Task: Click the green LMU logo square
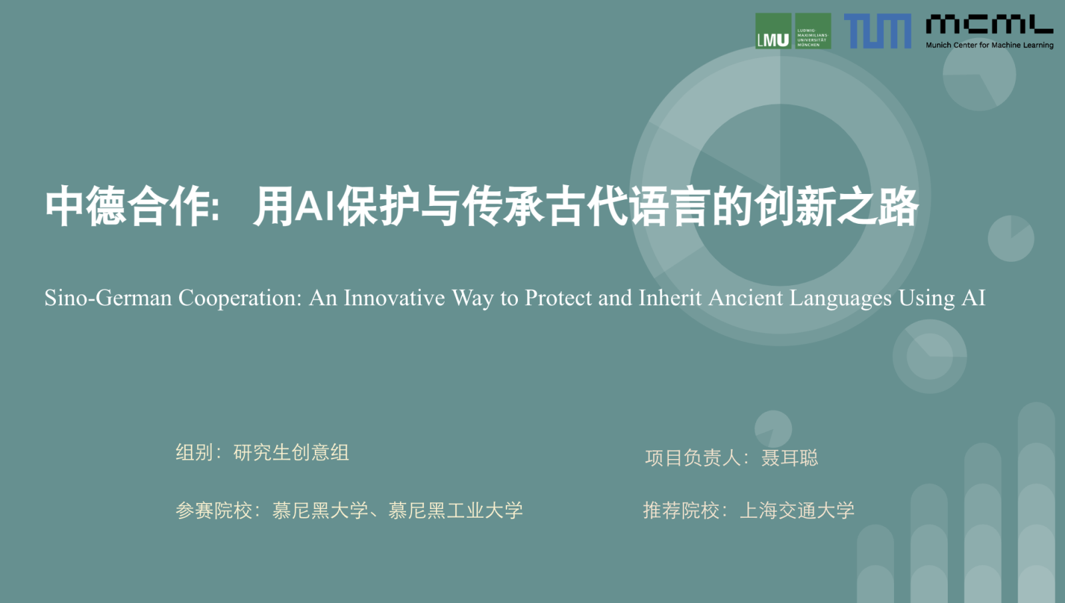point(773,31)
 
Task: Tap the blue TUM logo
point(877,31)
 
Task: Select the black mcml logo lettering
point(989,24)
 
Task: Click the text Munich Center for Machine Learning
point(989,45)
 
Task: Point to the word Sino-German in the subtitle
point(108,299)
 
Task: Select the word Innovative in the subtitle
point(394,299)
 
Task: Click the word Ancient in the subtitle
point(745,299)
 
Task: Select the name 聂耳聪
point(789,458)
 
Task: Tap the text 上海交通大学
point(797,510)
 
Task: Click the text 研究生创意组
point(291,452)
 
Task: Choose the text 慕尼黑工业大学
point(455,510)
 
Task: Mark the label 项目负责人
point(692,458)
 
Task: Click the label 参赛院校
point(214,510)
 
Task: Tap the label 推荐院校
point(681,510)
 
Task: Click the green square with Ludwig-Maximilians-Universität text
point(813,31)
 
